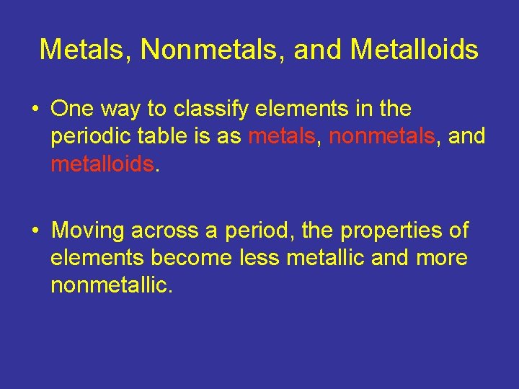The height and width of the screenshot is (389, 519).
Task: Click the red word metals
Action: pos(281,137)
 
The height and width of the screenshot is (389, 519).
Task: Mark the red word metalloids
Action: pos(102,164)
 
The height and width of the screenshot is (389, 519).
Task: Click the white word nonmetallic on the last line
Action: pos(111,285)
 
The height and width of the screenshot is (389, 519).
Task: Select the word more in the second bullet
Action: pos(442,258)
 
